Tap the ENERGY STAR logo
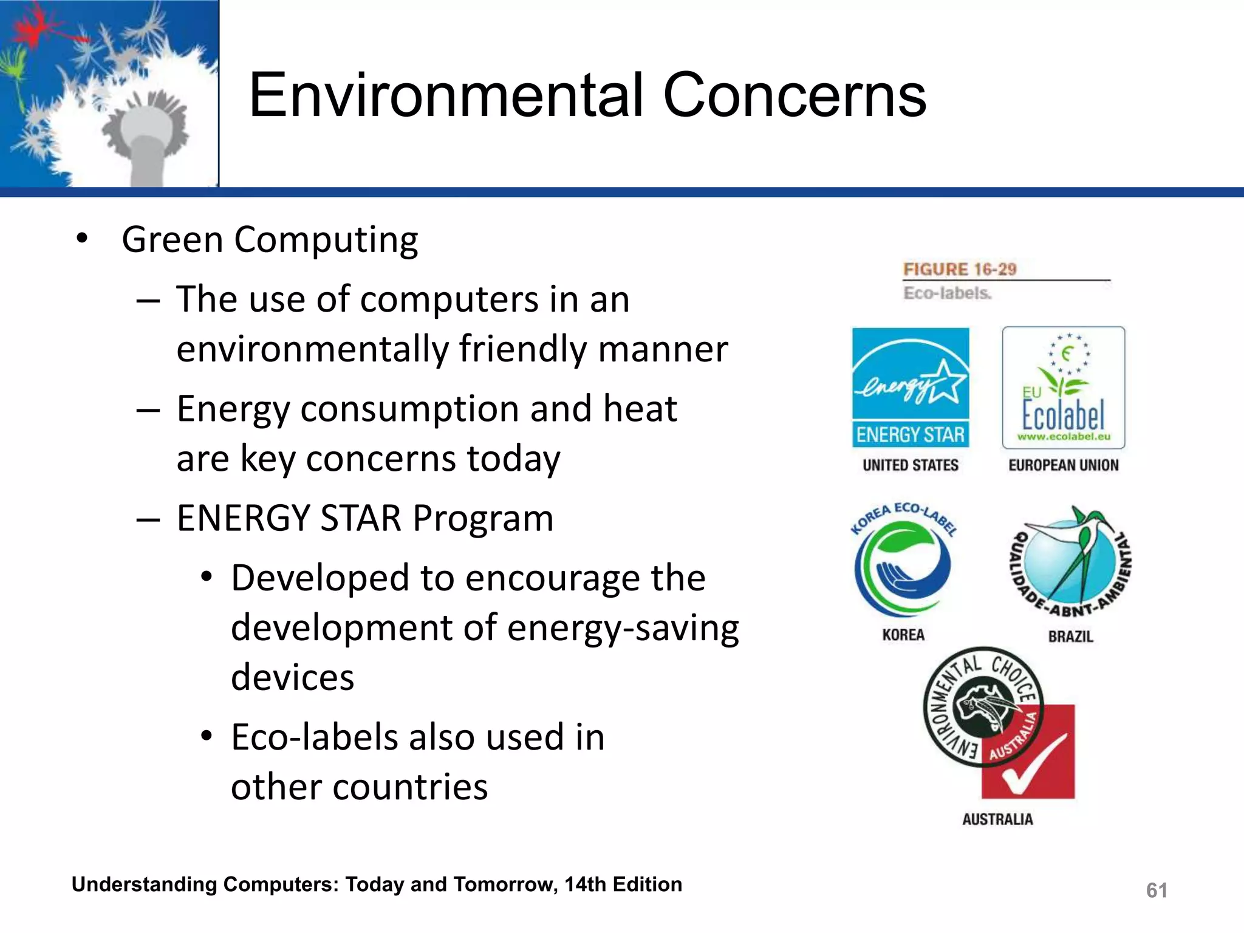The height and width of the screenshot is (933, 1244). pyautogui.click(x=910, y=388)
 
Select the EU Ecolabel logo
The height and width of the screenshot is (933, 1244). pyautogui.click(x=1063, y=388)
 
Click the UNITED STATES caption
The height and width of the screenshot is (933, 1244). pyautogui.click(x=910, y=465)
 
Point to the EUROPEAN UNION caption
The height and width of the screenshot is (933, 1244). pyautogui.click(x=1063, y=465)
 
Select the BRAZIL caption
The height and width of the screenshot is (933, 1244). pyautogui.click(x=1070, y=637)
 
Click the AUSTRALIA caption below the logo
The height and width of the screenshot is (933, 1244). pyautogui.click(x=997, y=819)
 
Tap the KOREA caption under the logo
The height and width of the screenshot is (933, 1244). pyautogui.click(x=903, y=635)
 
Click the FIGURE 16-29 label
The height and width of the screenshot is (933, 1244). pyautogui.click(x=959, y=269)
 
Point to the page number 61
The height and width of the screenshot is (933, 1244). pyautogui.click(x=1156, y=890)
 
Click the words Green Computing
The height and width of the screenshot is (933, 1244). pyautogui.click(x=270, y=240)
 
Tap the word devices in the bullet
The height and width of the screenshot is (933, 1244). pyautogui.click(x=292, y=677)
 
